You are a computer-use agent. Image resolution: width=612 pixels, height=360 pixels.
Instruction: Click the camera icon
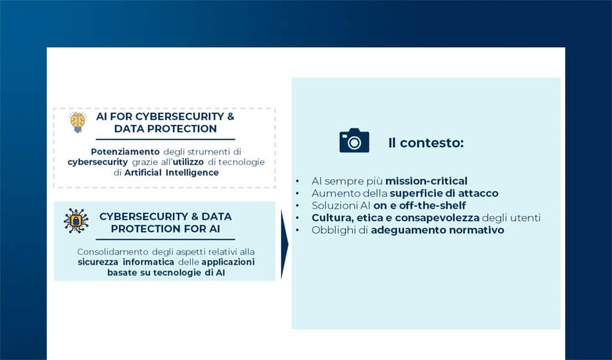pyautogui.click(x=354, y=141)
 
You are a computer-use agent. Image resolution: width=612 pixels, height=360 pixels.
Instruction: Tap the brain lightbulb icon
pyautogui.click(x=78, y=122)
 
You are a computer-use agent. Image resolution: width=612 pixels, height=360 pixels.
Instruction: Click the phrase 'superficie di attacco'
pyautogui.click(x=444, y=193)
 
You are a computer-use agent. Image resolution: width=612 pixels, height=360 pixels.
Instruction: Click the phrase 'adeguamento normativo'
pyautogui.click(x=437, y=230)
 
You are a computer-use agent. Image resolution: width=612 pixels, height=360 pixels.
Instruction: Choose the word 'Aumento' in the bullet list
pyautogui.click(x=331, y=193)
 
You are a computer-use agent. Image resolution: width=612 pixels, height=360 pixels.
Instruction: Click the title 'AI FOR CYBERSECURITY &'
pyautogui.click(x=166, y=116)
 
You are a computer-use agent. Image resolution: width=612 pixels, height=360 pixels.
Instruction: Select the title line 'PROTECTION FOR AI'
pyautogui.click(x=165, y=228)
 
